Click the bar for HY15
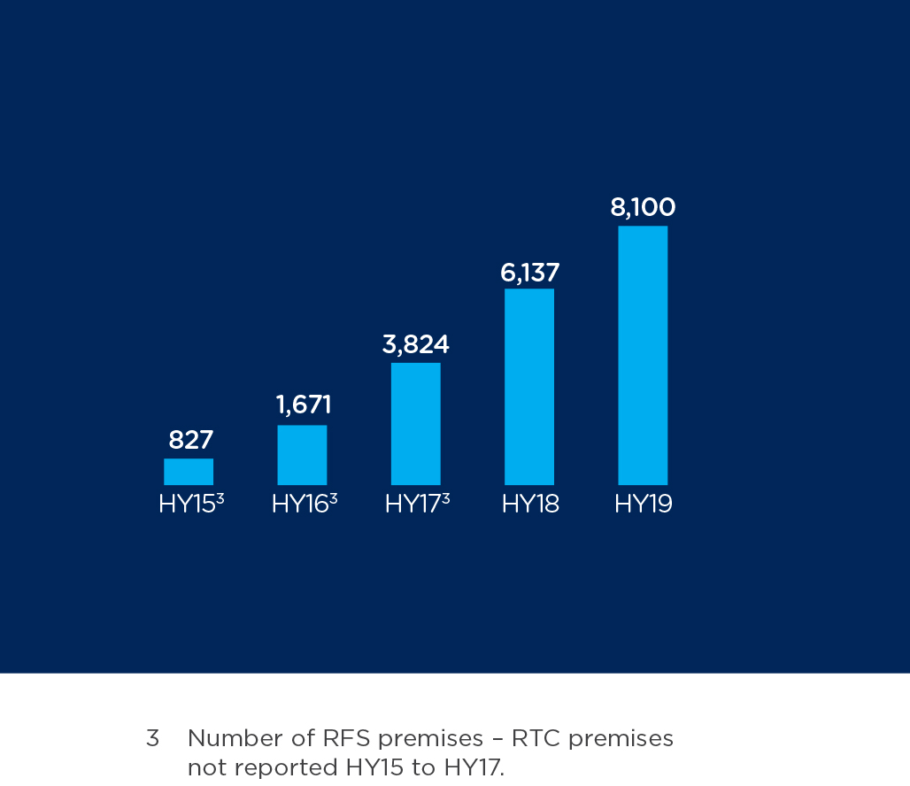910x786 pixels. coord(189,472)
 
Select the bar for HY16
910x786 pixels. coord(302,455)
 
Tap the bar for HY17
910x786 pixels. coord(415,424)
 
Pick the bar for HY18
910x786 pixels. coord(529,387)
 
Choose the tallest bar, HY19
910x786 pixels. coord(643,355)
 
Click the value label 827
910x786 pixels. coord(191,440)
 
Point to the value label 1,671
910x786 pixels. coord(304,405)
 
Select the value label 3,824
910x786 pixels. coord(415,344)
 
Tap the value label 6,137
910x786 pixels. coord(529,273)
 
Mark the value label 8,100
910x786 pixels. coord(643,208)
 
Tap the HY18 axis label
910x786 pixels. coord(530,505)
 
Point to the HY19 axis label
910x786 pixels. coord(644,505)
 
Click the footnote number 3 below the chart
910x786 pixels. coord(152,738)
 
